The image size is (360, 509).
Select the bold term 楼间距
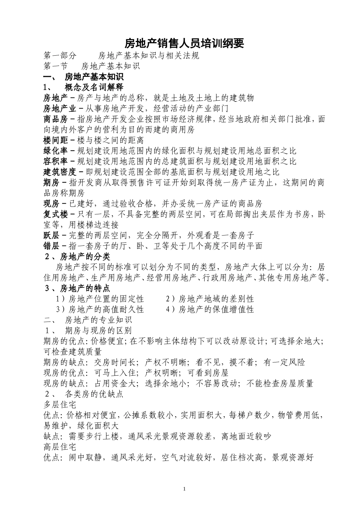click(x=55, y=140)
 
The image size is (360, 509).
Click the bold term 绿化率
click(x=55, y=151)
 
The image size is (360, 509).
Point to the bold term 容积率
click(x=55, y=161)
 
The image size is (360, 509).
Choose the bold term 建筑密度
click(x=60, y=172)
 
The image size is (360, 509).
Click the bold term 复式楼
click(x=55, y=214)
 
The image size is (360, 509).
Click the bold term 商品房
click(x=55, y=119)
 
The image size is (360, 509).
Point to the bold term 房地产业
click(x=60, y=108)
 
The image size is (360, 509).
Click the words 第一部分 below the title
click(x=60, y=56)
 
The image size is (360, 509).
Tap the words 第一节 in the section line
click(x=56, y=66)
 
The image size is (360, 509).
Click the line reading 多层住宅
click(x=60, y=404)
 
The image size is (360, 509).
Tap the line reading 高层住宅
click(x=60, y=447)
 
